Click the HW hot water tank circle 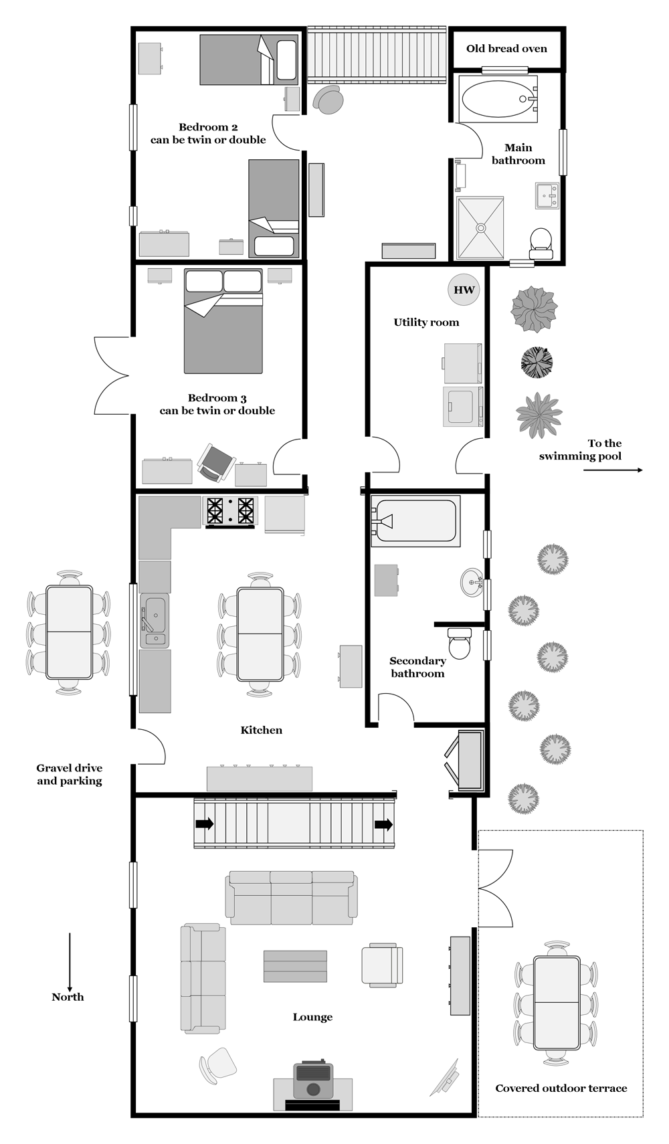pyautogui.click(x=464, y=290)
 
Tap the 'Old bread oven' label pyautogui.click(x=506, y=48)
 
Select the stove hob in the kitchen pyautogui.click(x=230, y=511)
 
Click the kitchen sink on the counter pyautogui.click(x=155, y=620)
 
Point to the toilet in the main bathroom pyautogui.click(x=541, y=242)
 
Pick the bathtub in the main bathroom pyautogui.click(x=498, y=99)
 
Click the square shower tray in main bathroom pyautogui.click(x=480, y=227)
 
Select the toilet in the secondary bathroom pyautogui.click(x=460, y=644)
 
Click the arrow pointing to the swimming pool pyautogui.click(x=613, y=470)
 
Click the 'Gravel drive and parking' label pyautogui.click(x=70, y=774)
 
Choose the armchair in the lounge pyautogui.click(x=382, y=965)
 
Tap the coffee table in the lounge pyautogui.click(x=295, y=966)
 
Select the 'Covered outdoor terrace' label pyautogui.click(x=561, y=1088)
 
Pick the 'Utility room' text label pyautogui.click(x=426, y=322)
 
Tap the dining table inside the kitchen pyautogui.click(x=260, y=634)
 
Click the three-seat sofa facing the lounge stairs pyautogui.click(x=292, y=897)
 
